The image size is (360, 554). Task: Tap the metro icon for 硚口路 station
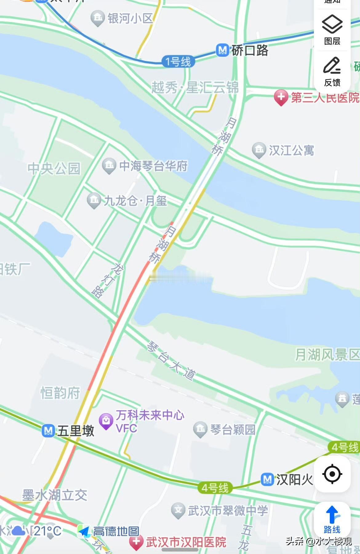(222, 50)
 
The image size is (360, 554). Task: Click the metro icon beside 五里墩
(48, 430)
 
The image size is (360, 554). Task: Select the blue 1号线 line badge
(178, 62)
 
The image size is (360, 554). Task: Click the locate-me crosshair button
(332, 474)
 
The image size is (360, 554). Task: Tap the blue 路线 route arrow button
(332, 520)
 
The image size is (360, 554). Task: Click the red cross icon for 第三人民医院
(281, 98)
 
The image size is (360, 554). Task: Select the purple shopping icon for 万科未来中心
(106, 420)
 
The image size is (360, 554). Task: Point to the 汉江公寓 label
(291, 150)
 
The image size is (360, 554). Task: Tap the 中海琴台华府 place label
(153, 166)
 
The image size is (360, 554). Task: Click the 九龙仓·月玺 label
(135, 201)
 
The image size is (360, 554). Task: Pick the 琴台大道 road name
(171, 360)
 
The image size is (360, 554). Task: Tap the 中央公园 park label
(54, 168)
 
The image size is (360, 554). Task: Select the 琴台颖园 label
(233, 429)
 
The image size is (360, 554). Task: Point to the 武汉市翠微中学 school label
(228, 511)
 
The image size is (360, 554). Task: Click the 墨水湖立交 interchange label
(54, 495)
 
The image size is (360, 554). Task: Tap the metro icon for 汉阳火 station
(267, 479)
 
